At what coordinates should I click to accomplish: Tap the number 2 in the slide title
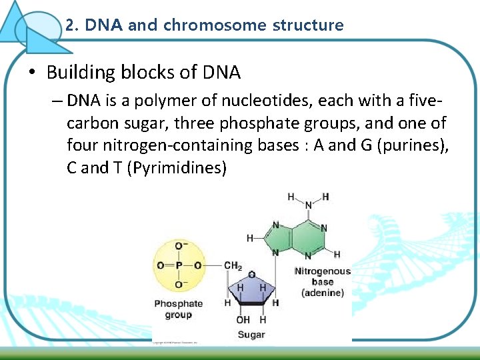click(69, 26)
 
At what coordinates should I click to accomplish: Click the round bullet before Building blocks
click(31, 72)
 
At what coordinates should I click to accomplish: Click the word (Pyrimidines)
click(180, 167)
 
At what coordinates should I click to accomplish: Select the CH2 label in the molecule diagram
click(233, 265)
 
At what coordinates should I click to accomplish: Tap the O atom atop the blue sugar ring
click(251, 274)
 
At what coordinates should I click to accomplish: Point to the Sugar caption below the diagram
click(251, 335)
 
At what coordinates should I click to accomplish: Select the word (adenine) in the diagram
click(323, 293)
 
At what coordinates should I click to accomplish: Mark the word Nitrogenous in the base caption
click(322, 271)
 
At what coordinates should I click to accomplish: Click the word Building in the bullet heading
click(75, 72)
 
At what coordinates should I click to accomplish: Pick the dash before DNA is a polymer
click(56, 101)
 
